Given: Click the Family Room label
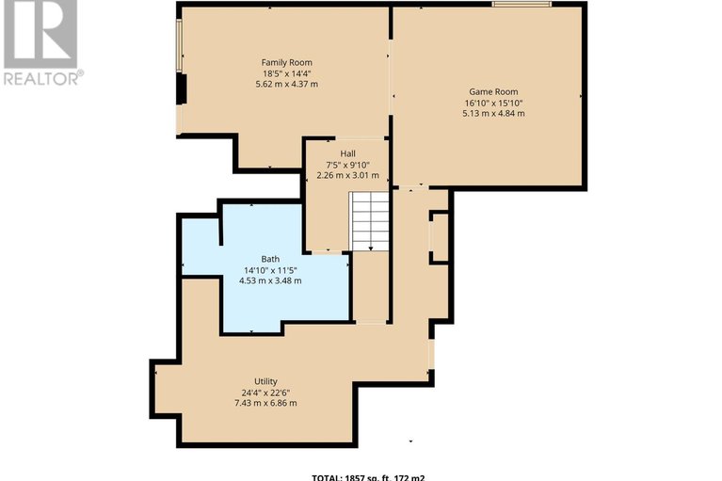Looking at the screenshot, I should tap(287, 62).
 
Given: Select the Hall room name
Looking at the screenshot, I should tap(347, 153).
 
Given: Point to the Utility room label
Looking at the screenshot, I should tap(265, 381).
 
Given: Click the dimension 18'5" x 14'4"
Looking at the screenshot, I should tap(287, 73).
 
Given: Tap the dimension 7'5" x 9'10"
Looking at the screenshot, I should tap(347, 164).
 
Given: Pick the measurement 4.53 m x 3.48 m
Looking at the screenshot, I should tap(270, 281).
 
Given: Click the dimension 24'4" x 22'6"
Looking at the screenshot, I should tap(265, 393).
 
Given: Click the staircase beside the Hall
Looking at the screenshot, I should tap(370, 222).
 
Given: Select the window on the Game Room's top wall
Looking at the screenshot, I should tap(521, 6).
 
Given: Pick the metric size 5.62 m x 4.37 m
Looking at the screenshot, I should tap(287, 85).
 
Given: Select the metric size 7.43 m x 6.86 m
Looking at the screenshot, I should tap(265, 403).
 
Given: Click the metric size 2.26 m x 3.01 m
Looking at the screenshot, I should tap(347, 175).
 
